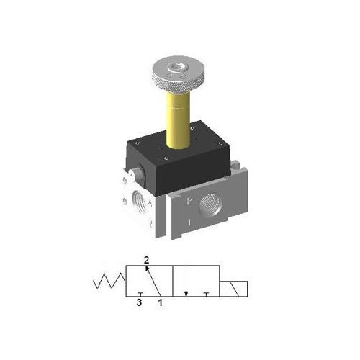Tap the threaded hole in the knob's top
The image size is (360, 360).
(x=177, y=69)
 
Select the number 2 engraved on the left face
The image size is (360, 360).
(x=150, y=222)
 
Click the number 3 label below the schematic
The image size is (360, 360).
(x=139, y=303)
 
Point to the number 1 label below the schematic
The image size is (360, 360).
(x=160, y=303)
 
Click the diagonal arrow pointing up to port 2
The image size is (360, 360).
(x=151, y=279)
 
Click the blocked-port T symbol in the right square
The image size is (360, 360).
(x=207, y=293)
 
